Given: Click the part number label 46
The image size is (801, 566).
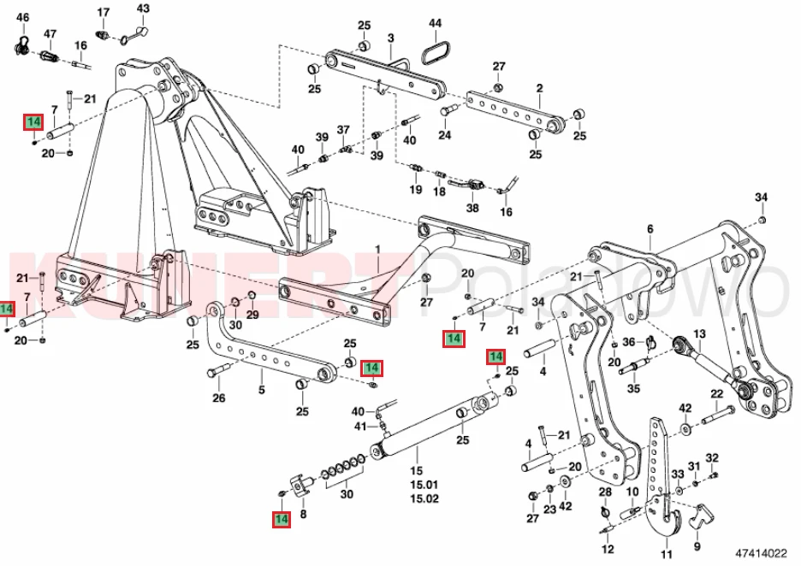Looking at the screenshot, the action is click(x=23, y=17).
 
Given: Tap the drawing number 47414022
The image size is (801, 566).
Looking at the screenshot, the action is click(x=761, y=552).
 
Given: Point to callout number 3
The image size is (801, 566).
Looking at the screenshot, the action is click(x=391, y=38).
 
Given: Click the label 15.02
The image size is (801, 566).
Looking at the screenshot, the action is click(x=424, y=498).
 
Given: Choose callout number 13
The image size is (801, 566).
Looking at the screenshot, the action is click(x=699, y=333).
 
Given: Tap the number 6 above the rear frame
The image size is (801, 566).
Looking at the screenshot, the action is click(x=650, y=229).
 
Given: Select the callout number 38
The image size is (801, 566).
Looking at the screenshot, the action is click(x=472, y=208).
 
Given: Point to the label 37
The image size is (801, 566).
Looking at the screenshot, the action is click(x=343, y=130).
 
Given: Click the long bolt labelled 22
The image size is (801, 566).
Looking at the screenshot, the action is click(x=718, y=415).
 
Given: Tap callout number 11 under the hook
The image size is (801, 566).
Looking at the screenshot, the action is click(x=667, y=554).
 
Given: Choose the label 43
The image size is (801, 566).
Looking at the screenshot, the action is click(x=143, y=9).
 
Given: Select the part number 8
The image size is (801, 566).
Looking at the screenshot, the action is click(x=303, y=514).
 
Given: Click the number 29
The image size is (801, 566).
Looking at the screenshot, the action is click(x=252, y=315).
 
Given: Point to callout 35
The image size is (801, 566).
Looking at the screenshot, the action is click(x=633, y=388).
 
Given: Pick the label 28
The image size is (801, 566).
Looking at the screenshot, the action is click(x=605, y=492).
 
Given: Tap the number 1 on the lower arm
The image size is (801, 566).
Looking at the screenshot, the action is click(x=378, y=250).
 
